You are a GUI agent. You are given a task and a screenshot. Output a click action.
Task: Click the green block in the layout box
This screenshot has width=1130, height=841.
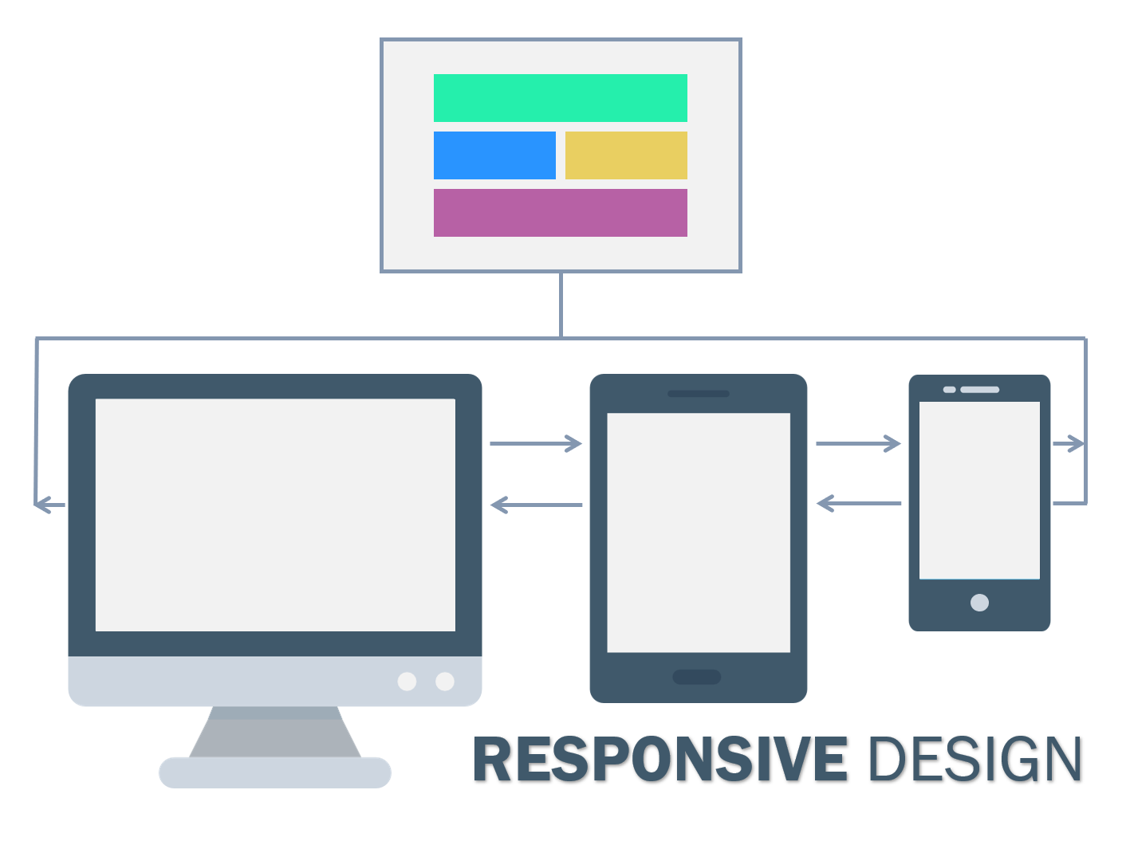pos(560,98)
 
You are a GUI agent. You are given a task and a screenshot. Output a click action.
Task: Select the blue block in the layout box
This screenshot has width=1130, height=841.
pos(494,155)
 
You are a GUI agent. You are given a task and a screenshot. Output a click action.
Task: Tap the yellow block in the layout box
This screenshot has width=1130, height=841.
pos(626,155)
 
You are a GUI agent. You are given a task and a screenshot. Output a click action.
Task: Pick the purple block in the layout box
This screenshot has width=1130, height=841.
pos(560,213)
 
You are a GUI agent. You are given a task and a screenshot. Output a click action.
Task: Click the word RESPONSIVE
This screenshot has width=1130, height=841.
pos(659,759)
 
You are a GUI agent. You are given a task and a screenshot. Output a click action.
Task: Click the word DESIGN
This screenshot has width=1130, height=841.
pos(974,759)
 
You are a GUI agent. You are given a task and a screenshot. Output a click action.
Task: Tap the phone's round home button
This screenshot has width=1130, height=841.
pos(979,603)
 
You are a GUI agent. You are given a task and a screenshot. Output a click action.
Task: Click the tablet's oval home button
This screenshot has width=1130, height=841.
pos(697,677)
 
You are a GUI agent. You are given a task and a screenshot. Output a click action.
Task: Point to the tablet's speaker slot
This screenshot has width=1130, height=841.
pos(699,394)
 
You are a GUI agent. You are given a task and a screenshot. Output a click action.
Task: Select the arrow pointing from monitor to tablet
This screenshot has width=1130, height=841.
pos(536,443)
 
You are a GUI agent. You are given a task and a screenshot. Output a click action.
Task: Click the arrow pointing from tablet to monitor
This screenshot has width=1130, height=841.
pos(536,505)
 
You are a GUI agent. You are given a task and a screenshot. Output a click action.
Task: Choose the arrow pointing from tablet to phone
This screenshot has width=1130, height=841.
pos(858,443)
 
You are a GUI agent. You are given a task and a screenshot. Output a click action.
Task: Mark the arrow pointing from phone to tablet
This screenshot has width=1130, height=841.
pos(858,503)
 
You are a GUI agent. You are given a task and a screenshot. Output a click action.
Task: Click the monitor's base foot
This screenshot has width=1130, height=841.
pos(275,772)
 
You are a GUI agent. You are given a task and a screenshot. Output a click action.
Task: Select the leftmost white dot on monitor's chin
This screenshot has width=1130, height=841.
pos(407,682)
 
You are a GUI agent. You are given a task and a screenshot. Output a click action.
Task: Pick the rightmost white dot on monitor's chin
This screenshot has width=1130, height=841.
pos(445,682)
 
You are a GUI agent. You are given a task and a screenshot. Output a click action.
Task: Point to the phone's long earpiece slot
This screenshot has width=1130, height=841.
pos(979,390)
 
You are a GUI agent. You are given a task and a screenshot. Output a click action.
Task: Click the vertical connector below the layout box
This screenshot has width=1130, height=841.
pos(561,305)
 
